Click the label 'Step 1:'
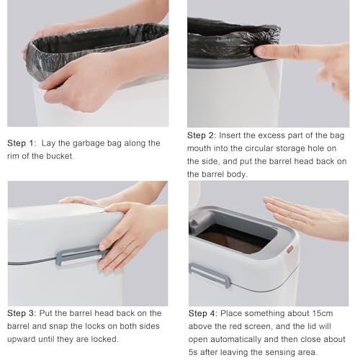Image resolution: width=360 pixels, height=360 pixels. [22, 143]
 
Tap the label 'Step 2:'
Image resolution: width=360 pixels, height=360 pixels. [202, 135]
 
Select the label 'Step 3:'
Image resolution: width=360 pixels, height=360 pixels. [22, 313]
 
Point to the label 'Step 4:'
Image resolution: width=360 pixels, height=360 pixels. [203, 313]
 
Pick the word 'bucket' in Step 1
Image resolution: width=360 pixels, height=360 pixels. [60, 156]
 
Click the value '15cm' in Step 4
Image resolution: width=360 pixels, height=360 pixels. [323, 313]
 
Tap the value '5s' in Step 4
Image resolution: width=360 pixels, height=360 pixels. [193, 352]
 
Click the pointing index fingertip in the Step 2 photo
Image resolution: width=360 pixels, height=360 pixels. [258, 50]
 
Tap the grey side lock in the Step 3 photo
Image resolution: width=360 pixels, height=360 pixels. [79, 256]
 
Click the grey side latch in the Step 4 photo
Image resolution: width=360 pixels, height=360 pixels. [210, 275]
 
